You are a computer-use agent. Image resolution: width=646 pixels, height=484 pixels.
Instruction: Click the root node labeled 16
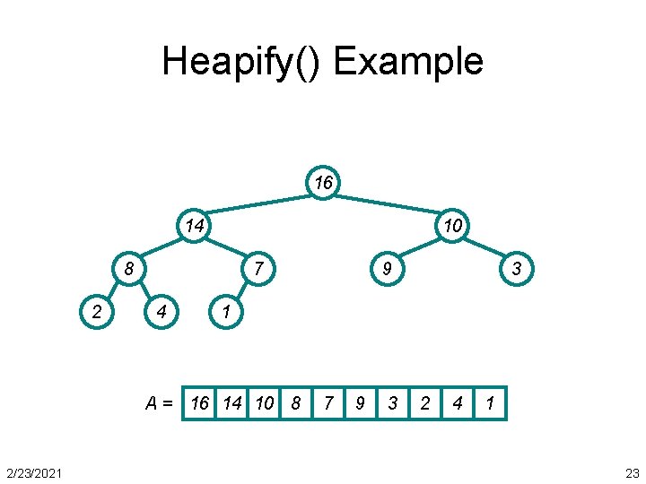[324, 184]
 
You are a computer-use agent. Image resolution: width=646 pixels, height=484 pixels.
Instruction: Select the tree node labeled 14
[194, 226]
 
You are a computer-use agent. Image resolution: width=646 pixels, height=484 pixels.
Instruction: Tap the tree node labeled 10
[453, 226]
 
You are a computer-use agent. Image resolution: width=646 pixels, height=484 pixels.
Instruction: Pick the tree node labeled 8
[129, 268]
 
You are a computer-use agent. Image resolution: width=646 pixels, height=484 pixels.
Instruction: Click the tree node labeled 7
[258, 268]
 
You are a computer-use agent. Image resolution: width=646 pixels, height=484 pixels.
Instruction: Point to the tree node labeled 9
[388, 268]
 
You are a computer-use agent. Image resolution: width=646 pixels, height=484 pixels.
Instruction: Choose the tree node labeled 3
[517, 268]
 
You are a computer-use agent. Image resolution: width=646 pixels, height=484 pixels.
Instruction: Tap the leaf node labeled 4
[161, 311]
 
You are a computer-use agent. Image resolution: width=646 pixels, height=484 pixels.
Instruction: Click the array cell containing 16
[199, 403]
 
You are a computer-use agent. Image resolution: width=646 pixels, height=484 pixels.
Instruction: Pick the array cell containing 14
[231, 403]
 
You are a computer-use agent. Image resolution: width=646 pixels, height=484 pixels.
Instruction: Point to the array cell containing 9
[361, 403]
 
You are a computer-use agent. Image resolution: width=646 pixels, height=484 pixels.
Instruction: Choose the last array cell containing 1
[490, 403]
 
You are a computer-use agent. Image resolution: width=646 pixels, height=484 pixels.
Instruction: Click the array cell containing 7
[328, 403]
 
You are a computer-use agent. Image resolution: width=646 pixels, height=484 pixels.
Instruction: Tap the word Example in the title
[408, 62]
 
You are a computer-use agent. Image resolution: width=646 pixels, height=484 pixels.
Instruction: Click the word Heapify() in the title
[242, 62]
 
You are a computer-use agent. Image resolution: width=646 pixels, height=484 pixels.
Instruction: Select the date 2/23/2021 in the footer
[34, 472]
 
